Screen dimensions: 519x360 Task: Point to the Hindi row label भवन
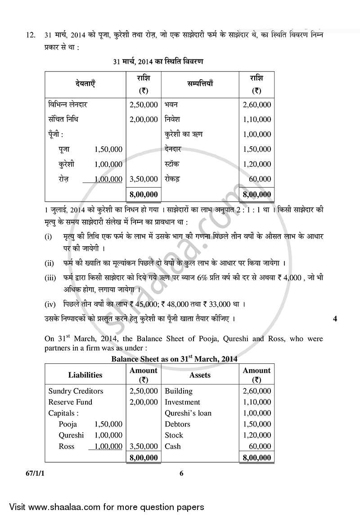pos(171,105)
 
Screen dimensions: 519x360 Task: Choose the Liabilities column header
pos(85,375)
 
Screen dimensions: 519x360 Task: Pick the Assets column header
pos(200,375)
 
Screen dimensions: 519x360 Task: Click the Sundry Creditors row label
pos(76,391)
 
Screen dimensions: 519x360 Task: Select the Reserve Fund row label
pos(70,402)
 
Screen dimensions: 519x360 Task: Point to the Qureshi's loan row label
pos(188,413)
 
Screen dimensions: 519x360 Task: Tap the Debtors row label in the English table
pos(177,424)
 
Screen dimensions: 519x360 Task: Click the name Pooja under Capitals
pos(68,424)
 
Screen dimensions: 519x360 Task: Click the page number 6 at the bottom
pos(181,473)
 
